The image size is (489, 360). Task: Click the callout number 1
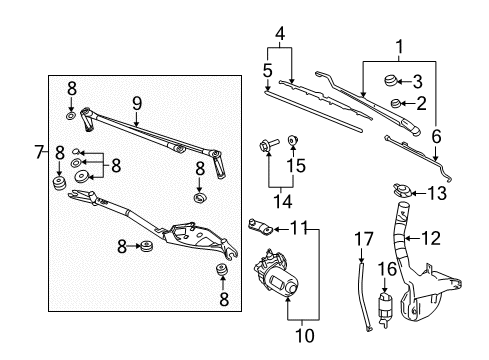(x=401, y=46)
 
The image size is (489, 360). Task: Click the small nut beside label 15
(x=292, y=139)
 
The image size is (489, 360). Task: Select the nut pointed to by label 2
(x=397, y=103)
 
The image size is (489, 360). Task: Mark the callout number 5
(x=267, y=71)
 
